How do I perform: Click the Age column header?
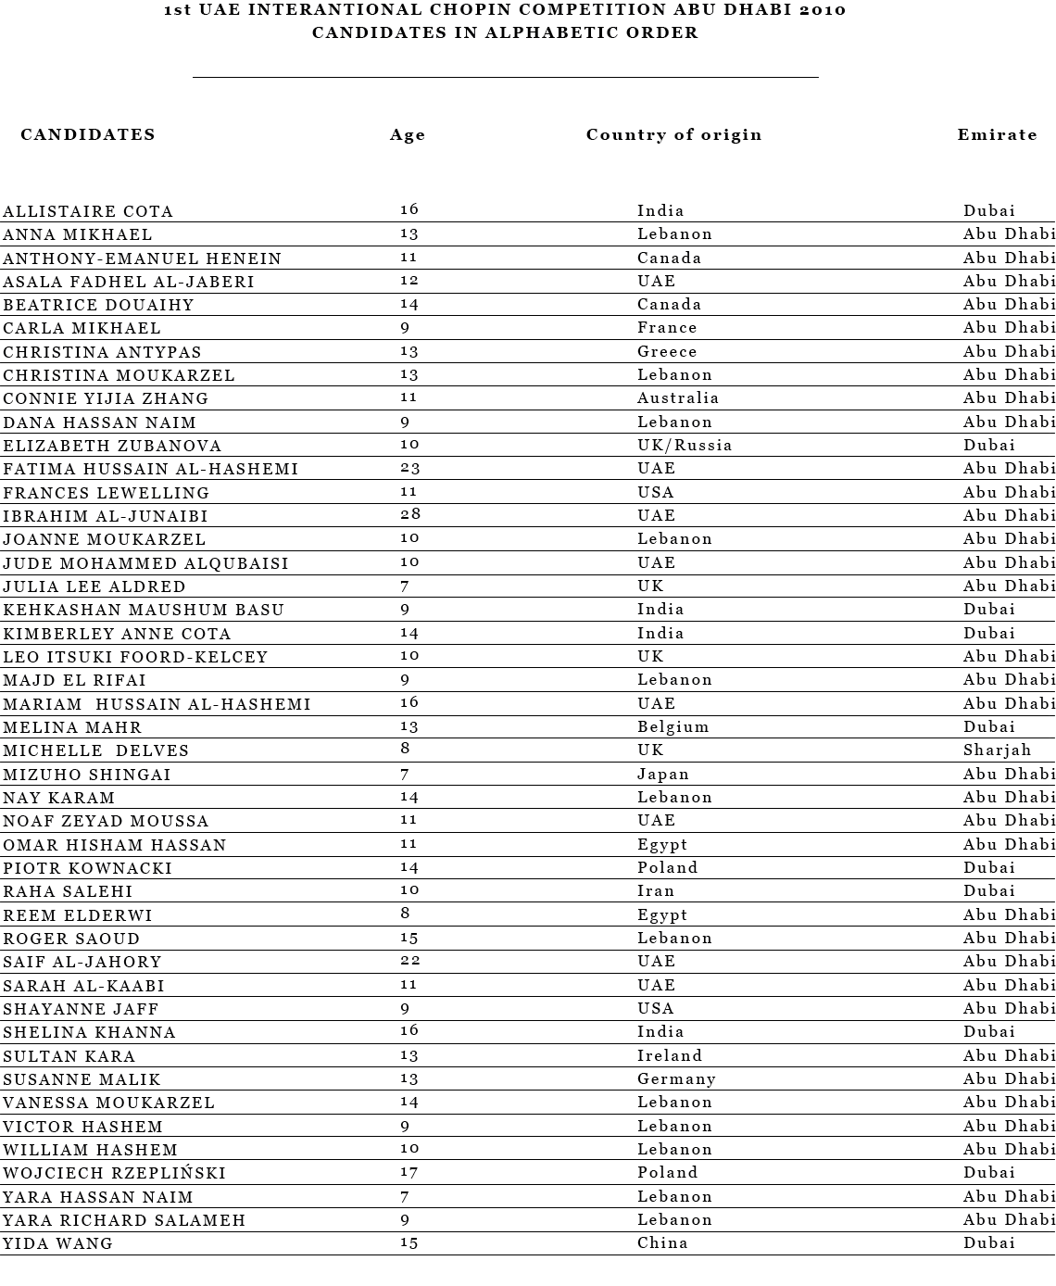click(408, 135)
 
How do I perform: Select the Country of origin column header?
click(673, 135)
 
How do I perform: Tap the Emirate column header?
click(997, 135)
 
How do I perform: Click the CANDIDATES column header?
click(88, 135)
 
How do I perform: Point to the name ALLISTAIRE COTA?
click(88, 211)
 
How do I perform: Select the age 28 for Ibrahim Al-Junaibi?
click(409, 515)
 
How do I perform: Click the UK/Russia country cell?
click(685, 446)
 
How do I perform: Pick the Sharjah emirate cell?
click(997, 750)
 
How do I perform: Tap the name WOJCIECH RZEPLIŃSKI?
click(114, 1173)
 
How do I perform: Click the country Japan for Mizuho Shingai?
click(663, 775)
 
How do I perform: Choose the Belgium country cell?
click(673, 727)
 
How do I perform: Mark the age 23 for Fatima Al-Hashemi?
click(409, 469)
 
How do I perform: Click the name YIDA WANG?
click(57, 1243)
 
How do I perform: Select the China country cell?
click(662, 1243)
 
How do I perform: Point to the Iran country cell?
click(656, 891)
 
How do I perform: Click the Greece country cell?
click(667, 352)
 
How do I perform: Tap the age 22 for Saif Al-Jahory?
click(409, 962)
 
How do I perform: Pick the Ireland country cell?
click(670, 1056)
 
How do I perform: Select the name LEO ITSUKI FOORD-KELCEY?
click(135, 657)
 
